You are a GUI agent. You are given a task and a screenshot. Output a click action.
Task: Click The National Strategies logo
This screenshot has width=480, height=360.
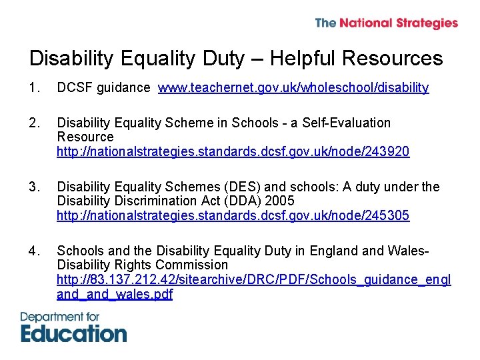pyautogui.click(x=386, y=23)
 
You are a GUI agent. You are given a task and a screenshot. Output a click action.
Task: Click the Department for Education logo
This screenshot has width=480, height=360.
pyautogui.click(x=73, y=327)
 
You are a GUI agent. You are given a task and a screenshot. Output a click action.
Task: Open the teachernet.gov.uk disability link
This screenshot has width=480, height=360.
pyautogui.click(x=293, y=88)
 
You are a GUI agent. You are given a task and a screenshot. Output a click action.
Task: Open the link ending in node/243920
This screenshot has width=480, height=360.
pyautogui.click(x=233, y=151)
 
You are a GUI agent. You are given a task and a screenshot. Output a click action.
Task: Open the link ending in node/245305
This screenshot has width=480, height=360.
pyautogui.click(x=233, y=215)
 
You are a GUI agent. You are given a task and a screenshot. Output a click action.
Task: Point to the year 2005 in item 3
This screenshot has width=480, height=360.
pyautogui.click(x=279, y=201)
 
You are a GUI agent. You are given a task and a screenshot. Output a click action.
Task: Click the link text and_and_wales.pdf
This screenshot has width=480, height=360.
pyautogui.click(x=115, y=294)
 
